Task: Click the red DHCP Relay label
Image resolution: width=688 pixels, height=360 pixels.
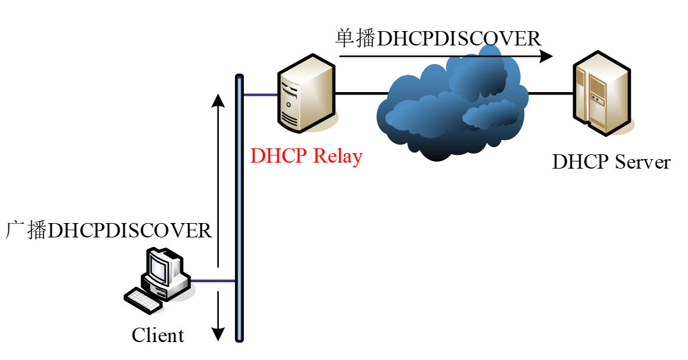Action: (306, 156)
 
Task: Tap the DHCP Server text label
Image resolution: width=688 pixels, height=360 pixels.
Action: (611, 162)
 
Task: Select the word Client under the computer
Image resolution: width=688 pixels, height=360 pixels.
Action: (158, 335)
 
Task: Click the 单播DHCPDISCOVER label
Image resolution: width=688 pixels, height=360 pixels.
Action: (438, 39)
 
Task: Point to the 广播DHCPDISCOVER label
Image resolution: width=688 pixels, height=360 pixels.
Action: (109, 230)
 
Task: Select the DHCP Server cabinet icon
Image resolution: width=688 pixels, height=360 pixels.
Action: (600, 93)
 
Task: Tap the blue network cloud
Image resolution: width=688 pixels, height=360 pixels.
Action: (451, 108)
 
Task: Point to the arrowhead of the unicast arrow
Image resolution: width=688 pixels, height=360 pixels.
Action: (545, 57)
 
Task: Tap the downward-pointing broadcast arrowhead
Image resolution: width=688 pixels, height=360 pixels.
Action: (219, 334)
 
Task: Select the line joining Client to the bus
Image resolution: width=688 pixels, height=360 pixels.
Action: (212, 280)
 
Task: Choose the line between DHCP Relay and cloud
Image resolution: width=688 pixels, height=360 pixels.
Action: (359, 93)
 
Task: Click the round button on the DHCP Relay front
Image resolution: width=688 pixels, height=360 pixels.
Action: (289, 104)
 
